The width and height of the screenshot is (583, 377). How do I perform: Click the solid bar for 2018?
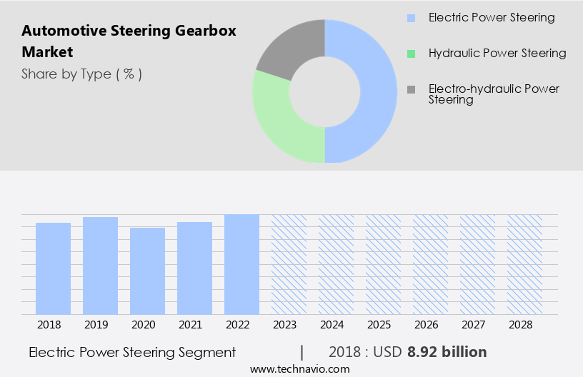tap(53, 268)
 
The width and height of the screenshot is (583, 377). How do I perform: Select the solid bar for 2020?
tap(147, 271)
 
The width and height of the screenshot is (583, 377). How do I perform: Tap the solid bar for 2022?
tap(241, 264)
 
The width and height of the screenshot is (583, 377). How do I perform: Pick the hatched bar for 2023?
tap(289, 264)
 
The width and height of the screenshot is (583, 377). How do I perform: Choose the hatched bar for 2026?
tap(430, 264)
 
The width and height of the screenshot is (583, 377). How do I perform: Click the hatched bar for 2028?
tap(524, 264)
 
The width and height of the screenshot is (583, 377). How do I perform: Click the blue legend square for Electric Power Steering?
tap(411, 18)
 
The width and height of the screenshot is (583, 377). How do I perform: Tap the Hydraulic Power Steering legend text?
tap(497, 54)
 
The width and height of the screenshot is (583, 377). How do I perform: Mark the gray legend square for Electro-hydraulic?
tap(411, 89)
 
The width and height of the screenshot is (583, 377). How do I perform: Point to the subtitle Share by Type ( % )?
tap(81, 74)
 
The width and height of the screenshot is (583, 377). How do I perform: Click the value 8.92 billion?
tap(447, 352)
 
